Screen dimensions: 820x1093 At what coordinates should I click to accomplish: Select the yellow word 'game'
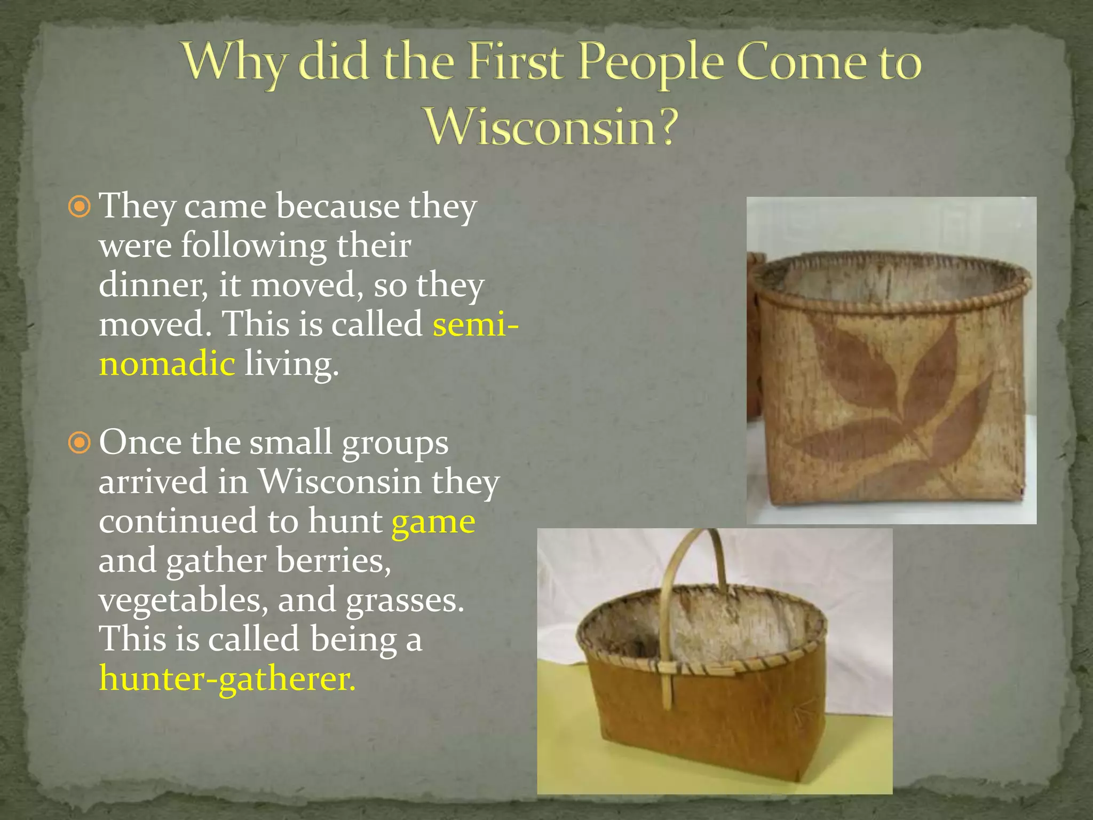tap(433, 522)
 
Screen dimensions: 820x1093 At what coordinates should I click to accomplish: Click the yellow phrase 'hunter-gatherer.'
tap(227, 679)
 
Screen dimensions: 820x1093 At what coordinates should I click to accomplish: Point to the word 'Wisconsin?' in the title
tap(551, 127)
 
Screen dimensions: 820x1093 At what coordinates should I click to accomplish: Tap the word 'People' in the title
tap(652, 63)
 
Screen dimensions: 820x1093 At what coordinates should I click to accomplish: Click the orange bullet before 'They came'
tap(80, 207)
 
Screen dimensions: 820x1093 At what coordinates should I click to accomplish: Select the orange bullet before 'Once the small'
tap(80, 443)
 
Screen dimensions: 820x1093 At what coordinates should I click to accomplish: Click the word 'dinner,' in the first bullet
tap(153, 286)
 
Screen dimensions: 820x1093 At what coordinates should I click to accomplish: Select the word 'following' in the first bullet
tap(253, 246)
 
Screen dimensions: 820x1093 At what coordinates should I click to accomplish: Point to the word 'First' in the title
tap(516, 63)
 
